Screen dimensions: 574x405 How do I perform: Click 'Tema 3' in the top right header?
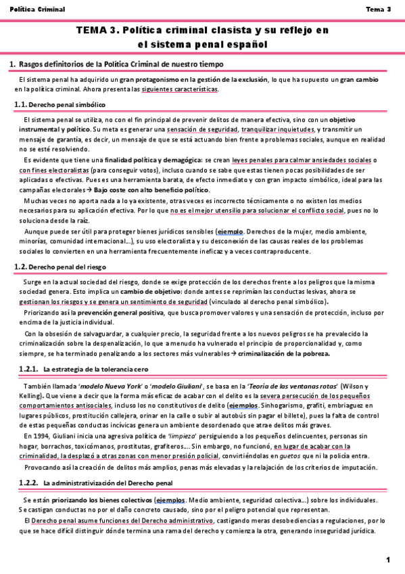378,9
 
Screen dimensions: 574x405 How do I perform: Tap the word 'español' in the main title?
245,45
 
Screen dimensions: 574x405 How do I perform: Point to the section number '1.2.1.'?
27,368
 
